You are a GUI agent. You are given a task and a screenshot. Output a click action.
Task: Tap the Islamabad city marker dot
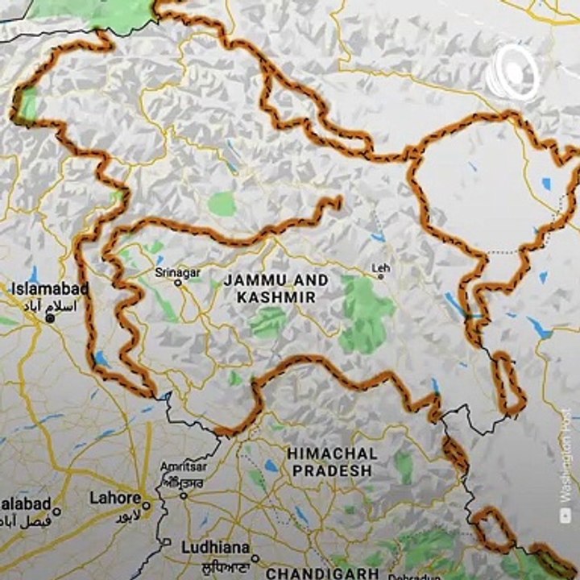(50, 318)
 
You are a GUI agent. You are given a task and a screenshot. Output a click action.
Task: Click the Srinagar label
(177, 273)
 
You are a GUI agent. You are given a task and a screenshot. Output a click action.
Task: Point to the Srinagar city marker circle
(177, 283)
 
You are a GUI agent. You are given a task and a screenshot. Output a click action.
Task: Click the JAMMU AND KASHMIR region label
(276, 288)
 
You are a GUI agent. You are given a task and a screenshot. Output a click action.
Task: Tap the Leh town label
(379, 267)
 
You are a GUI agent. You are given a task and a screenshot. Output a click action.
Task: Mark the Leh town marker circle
(381, 276)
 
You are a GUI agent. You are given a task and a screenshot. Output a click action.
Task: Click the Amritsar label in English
(183, 467)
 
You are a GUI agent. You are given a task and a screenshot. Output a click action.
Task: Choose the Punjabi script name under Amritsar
(183, 482)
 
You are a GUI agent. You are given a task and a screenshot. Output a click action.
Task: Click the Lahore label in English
(115, 498)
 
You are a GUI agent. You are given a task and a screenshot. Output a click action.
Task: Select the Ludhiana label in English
(213, 546)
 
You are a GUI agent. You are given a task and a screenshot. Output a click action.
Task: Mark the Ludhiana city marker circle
(255, 558)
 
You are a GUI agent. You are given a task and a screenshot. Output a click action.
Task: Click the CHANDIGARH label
(322, 573)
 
